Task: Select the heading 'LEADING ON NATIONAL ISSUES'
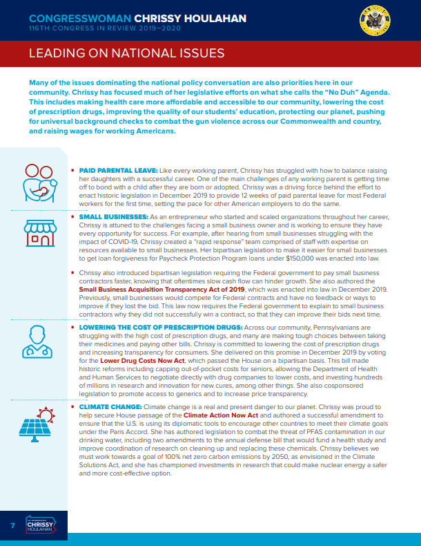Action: coord(126,54)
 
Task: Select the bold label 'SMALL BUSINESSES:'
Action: coord(110,217)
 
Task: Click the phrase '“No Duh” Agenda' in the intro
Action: coord(353,92)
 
